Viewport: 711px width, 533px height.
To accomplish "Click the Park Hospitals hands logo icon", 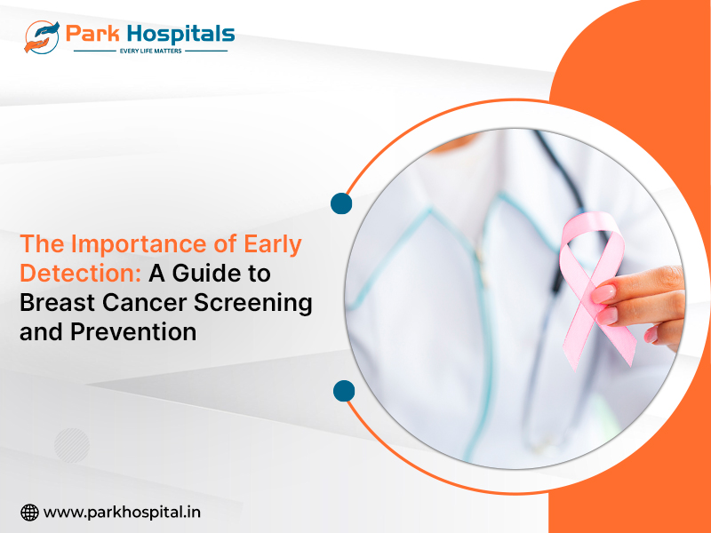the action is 42,37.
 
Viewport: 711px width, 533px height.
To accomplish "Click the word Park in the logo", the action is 93,34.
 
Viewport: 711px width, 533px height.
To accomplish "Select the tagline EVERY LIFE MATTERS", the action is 150,51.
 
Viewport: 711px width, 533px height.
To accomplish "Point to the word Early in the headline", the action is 273,245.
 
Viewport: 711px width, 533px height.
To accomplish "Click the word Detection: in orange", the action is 81,274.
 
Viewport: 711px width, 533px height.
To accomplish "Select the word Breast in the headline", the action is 57,302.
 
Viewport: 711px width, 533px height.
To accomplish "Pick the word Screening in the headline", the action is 253,303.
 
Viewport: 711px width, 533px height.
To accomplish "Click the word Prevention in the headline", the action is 133,331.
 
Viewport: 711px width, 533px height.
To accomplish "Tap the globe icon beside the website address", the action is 29,513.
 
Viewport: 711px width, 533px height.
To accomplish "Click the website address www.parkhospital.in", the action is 122,513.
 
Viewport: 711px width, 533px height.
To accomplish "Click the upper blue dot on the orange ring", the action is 341,203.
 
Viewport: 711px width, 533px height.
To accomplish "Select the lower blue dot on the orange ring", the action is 344,391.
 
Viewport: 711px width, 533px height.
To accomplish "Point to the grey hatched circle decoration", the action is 72,446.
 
